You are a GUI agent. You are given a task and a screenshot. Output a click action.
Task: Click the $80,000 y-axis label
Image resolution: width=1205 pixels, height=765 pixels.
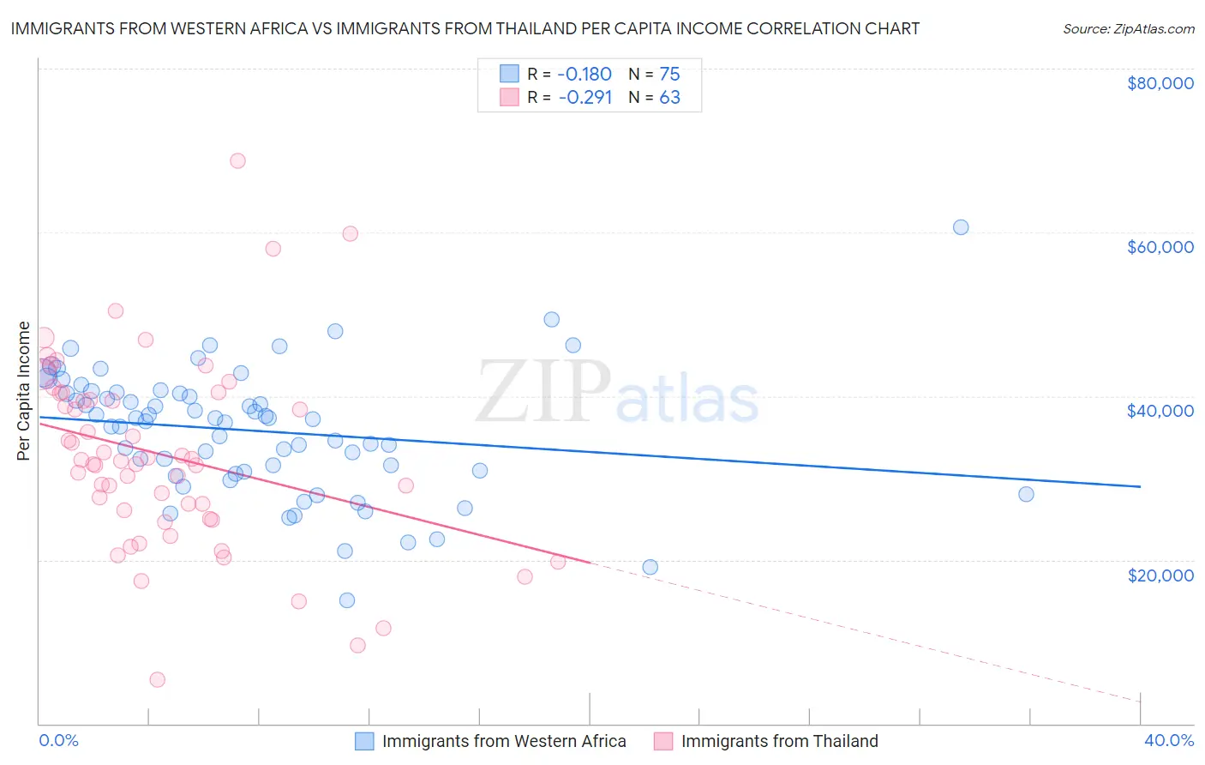click(1160, 83)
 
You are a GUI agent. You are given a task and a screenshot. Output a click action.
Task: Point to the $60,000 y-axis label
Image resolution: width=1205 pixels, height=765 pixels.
click(1160, 247)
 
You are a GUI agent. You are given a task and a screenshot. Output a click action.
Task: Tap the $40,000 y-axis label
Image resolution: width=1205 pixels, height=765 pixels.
click(1160, 411)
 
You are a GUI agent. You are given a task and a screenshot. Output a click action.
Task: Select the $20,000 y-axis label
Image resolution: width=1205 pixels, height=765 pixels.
click(1160, 575)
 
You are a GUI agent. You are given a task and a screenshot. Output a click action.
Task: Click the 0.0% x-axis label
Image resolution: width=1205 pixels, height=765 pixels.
click(58, 740)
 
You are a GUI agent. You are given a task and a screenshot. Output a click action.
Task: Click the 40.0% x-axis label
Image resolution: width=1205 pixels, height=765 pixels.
click(1168, 740)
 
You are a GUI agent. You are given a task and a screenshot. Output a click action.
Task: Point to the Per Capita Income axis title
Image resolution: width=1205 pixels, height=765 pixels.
click(24, 390)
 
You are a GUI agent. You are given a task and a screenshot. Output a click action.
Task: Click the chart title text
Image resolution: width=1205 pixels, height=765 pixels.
click(465, 28)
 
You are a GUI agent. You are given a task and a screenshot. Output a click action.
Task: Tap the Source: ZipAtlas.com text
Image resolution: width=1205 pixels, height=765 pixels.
click(1128, 28)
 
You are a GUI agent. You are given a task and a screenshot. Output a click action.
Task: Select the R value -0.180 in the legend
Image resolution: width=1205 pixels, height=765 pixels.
click(585, 74)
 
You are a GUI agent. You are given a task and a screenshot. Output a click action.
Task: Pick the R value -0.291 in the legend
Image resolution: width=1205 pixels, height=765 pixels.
click(585, 98)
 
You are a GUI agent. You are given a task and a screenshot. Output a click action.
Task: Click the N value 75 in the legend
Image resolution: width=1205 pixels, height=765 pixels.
click(669, 74)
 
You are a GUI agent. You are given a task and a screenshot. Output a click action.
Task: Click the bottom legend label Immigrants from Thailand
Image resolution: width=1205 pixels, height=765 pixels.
click(779, 741)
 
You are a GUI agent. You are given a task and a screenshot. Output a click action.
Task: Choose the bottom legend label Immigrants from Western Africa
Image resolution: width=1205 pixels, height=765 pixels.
click(504, 741)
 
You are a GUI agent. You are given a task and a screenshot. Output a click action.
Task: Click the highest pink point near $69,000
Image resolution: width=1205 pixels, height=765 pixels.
click(237, 161)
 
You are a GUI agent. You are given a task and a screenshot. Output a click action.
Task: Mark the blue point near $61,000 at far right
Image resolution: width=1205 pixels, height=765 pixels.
click(961, 227)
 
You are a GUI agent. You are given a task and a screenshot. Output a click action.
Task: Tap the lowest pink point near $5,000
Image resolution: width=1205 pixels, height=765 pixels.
click(158, 679)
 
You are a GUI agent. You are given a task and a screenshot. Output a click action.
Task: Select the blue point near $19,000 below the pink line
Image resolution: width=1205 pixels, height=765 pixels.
click(650, 567)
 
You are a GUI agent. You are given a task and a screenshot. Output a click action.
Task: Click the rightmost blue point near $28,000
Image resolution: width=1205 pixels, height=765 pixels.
click(1026, 494)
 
